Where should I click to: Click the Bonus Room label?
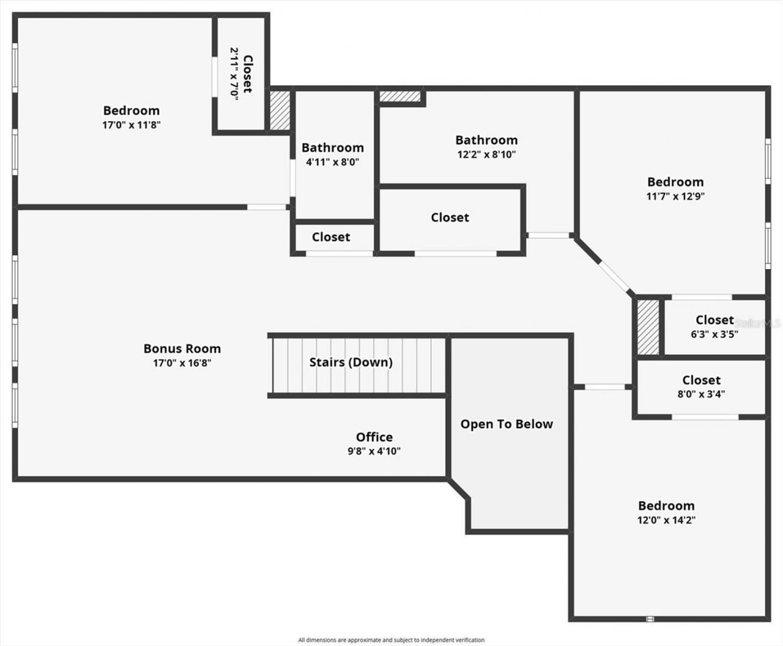click(x=182, y=349)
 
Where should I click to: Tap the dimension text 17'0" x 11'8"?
click(x=132, y=125)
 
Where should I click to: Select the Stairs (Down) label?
click(x=351, y=362)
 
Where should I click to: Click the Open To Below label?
click(x=507, y=424)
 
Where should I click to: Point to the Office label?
click(x=374, y=437)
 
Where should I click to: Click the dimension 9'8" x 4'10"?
click(x=374, y=451)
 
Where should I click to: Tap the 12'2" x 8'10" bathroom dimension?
click(x=486, y=155)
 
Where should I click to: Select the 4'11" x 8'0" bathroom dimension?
click(x=332, y=162)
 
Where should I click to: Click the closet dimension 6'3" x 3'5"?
click(x=714, y=334)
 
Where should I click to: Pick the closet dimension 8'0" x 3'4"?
click(x=701, y=395)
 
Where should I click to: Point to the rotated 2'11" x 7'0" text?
click(x=234, y=73)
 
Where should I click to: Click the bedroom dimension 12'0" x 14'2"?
click(x=666, y=520)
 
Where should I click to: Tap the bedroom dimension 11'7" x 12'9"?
click(x=675, y=196)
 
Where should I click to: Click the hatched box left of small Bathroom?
click(x=280, y=110)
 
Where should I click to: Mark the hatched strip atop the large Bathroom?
click(x=401, y=96)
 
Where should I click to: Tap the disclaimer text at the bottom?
click(x=391, y=640)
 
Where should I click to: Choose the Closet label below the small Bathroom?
click(x=331, y=237)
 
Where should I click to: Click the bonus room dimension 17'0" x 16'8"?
click(x=182, y=363)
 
